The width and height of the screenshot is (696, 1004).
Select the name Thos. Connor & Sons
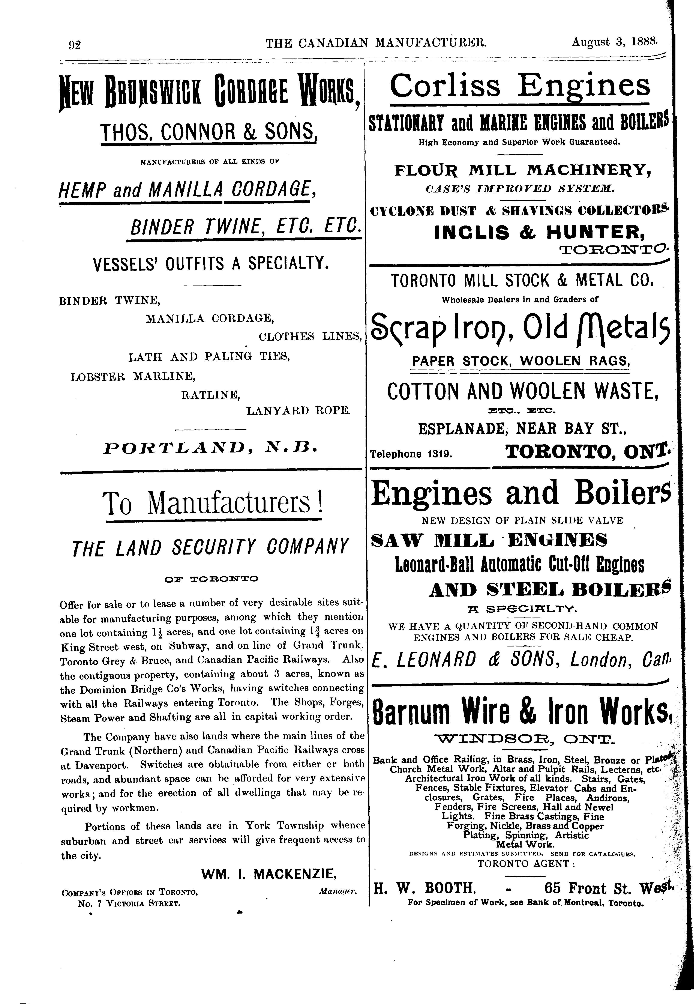(x=208, y=130)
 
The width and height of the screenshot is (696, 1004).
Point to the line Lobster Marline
(x=133, y=376)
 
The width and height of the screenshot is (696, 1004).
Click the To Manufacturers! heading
(x=214, y=503)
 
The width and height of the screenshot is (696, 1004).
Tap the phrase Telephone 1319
(x=411, y=454)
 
